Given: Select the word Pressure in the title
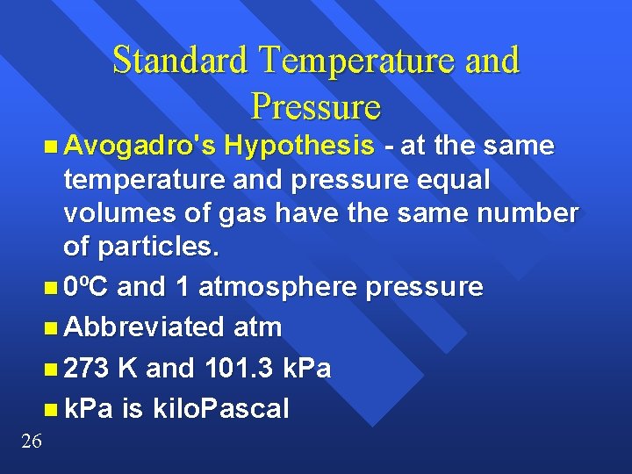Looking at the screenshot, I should pyautogui.click(x=315, y=106).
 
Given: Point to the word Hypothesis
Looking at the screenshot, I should pyautogui.click(x=298, y=145).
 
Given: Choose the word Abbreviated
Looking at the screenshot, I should pyautogui.click(x=145, y=327).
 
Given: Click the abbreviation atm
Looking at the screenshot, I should pyautogui.click(x=258, y=327).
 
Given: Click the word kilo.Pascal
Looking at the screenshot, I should pyautogui.click(x=223, y=409).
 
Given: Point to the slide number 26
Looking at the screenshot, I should pyautogui.click(x=31, y=441).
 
